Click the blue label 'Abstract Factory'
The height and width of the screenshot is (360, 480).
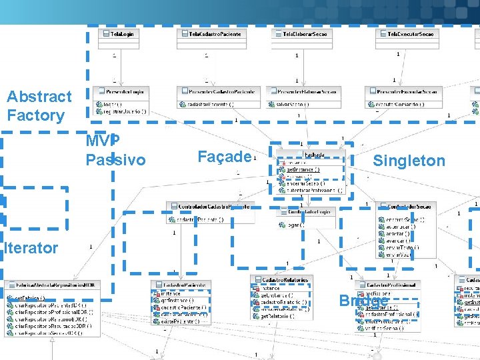click(39, 106)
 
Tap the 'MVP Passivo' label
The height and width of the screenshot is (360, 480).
click(115, 151)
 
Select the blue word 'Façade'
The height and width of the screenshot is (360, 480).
click(224, 157)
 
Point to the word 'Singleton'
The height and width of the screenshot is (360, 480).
click(409, 161)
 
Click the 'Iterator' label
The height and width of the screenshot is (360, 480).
click(31, 249)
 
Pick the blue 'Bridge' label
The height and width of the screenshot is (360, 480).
click(363, 301)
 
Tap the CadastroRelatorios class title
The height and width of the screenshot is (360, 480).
click(281, 279)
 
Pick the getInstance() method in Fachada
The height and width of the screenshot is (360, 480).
click(303, 169)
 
